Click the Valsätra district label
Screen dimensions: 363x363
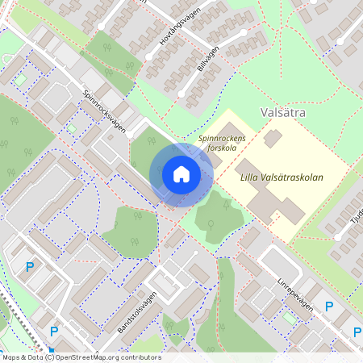[x=283, y=114]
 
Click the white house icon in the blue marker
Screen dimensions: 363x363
[x=181, y=174]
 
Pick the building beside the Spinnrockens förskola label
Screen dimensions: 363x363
[x=272, y=139]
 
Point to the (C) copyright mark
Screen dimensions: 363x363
[x=50, y=357]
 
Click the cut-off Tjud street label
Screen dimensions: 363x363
[x=356, y=218]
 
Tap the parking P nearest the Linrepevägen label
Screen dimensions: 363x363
[x=328, y=306]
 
